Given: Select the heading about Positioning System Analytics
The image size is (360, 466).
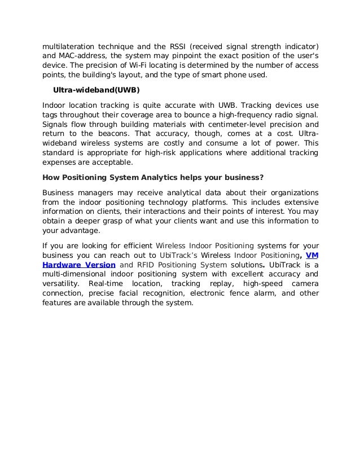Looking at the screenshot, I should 153,178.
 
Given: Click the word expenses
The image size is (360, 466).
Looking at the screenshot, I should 60,164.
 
